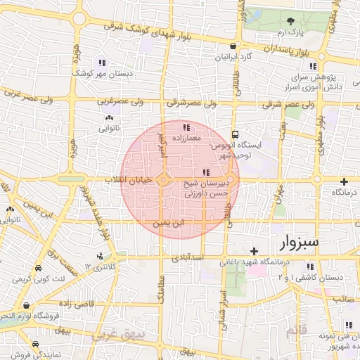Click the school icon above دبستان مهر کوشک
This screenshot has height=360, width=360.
click(x=103, y=62)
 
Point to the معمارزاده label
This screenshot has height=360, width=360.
click(x=186, y=137)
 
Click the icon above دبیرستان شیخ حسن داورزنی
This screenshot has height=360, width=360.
click(x=205, y=172)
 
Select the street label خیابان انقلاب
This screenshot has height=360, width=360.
click(x=128, y=181)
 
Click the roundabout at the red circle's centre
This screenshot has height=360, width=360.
click(x=163, y=181)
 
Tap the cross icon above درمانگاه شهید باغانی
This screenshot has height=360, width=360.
click(x=254, y=251)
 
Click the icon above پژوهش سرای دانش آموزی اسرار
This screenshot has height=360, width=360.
click(x=313, y=66)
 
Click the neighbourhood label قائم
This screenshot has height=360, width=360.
click(x=294, y=330)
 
